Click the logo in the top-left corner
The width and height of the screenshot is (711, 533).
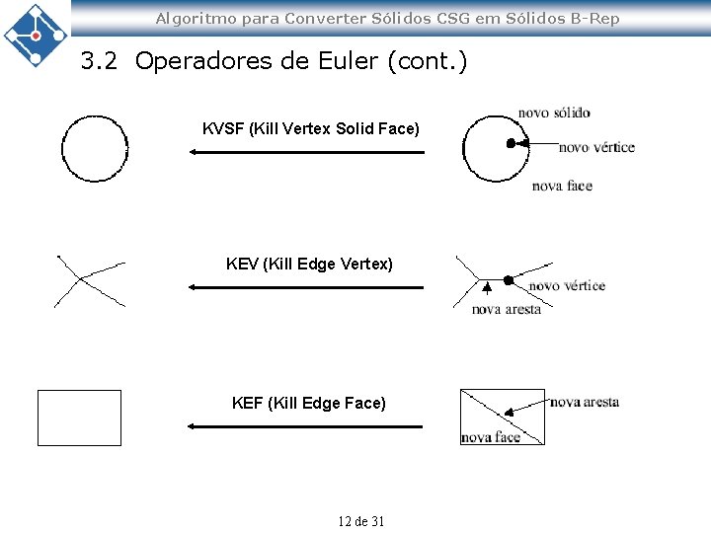36,34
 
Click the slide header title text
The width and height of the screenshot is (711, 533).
387,18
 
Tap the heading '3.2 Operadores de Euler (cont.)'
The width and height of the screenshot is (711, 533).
274,62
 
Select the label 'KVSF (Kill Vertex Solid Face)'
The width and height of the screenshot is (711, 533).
310,129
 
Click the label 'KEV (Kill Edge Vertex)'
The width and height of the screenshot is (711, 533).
309,264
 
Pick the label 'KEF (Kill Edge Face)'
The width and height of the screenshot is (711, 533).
308,403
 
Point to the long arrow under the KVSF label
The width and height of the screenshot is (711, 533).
305,152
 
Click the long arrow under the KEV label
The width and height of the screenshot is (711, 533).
305,287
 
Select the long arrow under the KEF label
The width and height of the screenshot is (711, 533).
305,426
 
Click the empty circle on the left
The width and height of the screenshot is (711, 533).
95,149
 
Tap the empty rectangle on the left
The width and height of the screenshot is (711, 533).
79,418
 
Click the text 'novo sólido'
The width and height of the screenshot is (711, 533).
553,113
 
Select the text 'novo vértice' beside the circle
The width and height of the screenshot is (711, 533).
596,148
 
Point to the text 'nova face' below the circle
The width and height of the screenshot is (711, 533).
562,186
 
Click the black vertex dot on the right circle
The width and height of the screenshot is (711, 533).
511,143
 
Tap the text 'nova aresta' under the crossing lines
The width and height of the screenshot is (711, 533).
506,309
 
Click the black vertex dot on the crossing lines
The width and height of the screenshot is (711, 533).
509,280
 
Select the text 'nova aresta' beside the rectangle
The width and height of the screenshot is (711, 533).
585,402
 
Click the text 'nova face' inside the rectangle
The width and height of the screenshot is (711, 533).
490,436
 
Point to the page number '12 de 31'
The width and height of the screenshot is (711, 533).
360,521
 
